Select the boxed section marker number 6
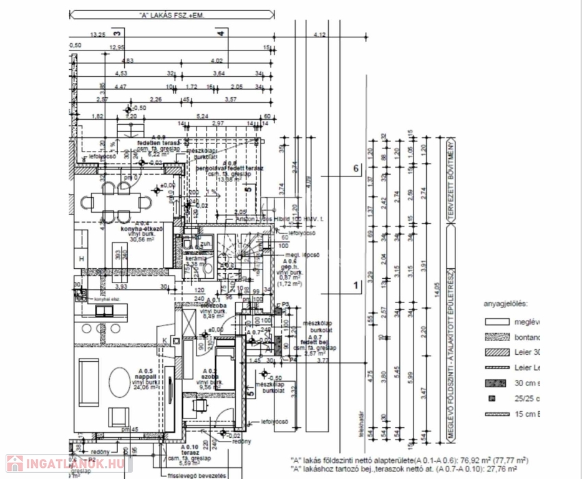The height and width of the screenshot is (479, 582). tap(356, 169)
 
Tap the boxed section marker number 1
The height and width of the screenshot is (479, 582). tap(356, 286)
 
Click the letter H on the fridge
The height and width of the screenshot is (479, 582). tap(81, 258)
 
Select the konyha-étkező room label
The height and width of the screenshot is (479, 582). tap(142, 229)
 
